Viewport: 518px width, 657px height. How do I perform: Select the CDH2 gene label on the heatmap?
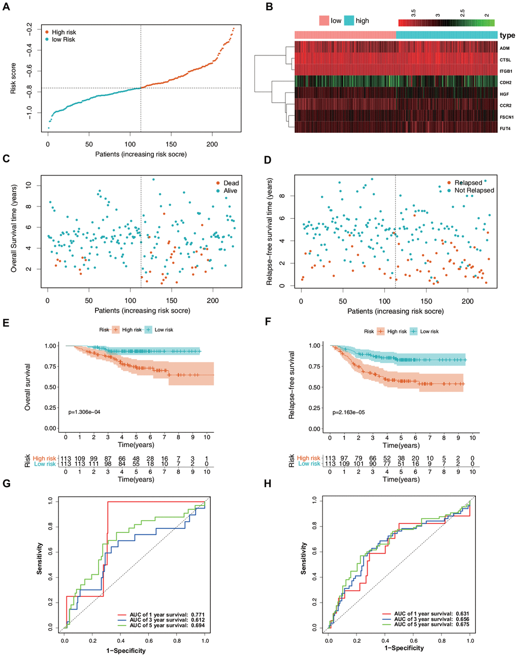[x=505, y=82]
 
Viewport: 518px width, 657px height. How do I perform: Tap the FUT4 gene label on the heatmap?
[x=505, y=129]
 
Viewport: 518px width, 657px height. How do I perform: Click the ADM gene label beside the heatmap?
[x=504, y=48]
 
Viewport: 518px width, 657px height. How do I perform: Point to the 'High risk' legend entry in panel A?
[x=63, y=32]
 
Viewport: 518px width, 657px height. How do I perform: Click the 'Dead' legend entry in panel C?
[x=231, y=183]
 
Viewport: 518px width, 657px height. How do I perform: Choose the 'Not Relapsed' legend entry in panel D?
[x=474, y=190]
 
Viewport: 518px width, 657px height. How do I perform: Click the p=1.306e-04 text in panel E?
[x=84, y=412]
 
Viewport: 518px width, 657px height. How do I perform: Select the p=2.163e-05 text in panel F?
[x=348, y=412]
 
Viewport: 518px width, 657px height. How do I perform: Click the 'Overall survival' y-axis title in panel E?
[x=28, y=387]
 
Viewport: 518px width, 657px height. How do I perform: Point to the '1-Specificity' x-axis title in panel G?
[x=126, y=650]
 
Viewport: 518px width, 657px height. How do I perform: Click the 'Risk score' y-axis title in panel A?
[x=14, y=78]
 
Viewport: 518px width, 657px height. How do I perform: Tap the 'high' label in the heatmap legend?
[x=362, y=21]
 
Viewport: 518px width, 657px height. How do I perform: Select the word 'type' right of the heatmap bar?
[x=507, y=35]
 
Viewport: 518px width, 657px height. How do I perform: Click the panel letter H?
[x=268, y=484]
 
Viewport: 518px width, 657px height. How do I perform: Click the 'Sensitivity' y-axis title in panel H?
[x=304, y=558]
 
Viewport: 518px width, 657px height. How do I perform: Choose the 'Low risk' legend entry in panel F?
[x=429, y=332]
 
